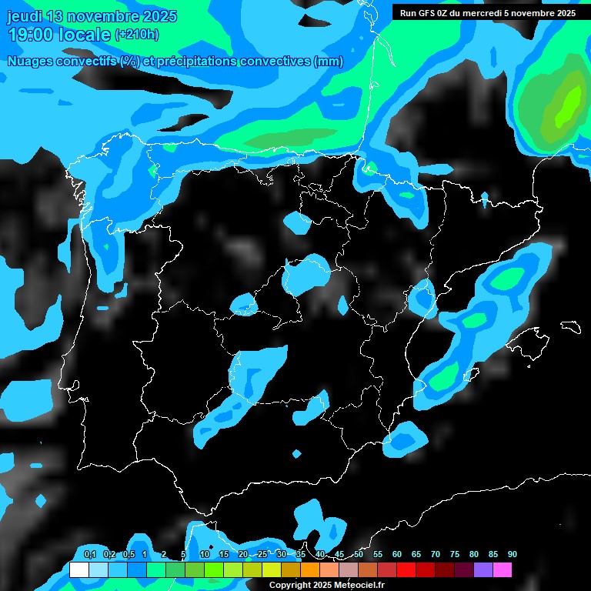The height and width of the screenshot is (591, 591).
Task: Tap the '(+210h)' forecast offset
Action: (137, 35)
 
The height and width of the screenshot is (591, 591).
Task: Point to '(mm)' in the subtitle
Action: (329, 62)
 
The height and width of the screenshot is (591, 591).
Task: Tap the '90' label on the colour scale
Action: (513, 554)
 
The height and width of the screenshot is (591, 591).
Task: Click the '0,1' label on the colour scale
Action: (89, 554)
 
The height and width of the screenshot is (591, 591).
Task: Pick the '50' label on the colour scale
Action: (359, 554)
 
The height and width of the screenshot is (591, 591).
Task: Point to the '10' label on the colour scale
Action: (205, 554)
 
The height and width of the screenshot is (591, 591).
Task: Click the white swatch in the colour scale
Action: (78, 569)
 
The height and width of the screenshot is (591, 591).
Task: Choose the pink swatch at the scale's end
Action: (502, 569)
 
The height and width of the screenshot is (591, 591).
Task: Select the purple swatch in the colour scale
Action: (482, 569)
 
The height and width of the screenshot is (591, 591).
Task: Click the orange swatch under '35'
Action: (309, 569)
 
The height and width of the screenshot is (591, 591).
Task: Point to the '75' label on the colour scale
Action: (455, 554)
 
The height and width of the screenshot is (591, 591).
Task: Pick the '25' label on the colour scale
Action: (262, 554)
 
